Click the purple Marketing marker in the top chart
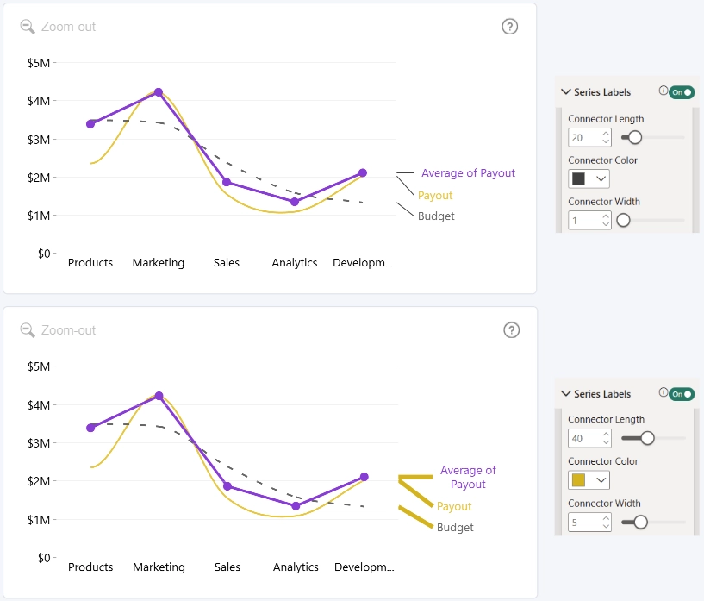tap(158, 92)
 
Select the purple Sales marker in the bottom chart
tap(227, 486)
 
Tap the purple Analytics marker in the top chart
tap(295, 202)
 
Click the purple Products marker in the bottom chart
tap(90, 428)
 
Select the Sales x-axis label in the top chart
tap(227, 262)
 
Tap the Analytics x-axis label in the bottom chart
tap(296, 567)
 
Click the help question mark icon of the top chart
tap(509, 27)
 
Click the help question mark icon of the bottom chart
tap(511, 330)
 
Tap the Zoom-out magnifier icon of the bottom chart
tap(28, 330)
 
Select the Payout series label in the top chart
tap(435, 196)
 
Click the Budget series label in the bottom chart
tap(455, 528)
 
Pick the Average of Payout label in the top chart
tap(468, 173)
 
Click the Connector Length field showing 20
tap(589, 137)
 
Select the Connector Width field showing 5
tap(589, 523)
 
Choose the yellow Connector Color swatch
tap(578, 480)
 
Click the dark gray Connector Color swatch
tap(578, 178)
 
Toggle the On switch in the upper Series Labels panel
tap(682, 92)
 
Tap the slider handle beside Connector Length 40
tap(647, 438)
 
